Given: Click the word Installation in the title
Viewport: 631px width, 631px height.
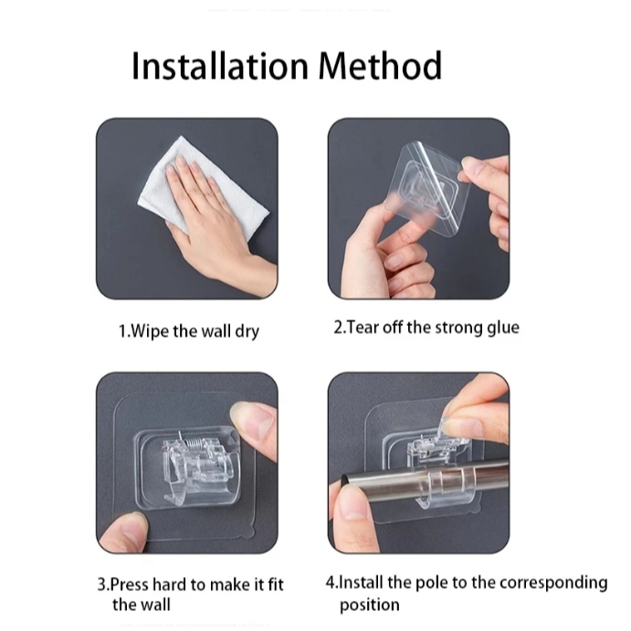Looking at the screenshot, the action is pyautogui.click(x=220, y=66).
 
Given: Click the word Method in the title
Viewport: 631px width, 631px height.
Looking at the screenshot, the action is pyautogui.click(x=380, y=65).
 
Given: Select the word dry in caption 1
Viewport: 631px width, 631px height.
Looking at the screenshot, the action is pyautogui.click(x=247, y=332).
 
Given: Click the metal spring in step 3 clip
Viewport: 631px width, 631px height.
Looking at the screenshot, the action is pyautogui.click(x=194, y=444).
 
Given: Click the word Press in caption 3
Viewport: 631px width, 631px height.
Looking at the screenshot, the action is pyautogui.click(x=129, y=584).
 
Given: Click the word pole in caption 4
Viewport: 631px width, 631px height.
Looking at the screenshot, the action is pyautogui.click(x=432, y=583).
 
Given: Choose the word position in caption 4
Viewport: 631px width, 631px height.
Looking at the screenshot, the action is pyautogui.click(x=370, y=605).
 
